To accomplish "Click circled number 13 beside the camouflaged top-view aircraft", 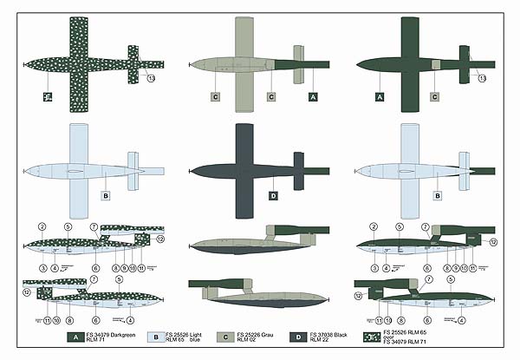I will [152, 79].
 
